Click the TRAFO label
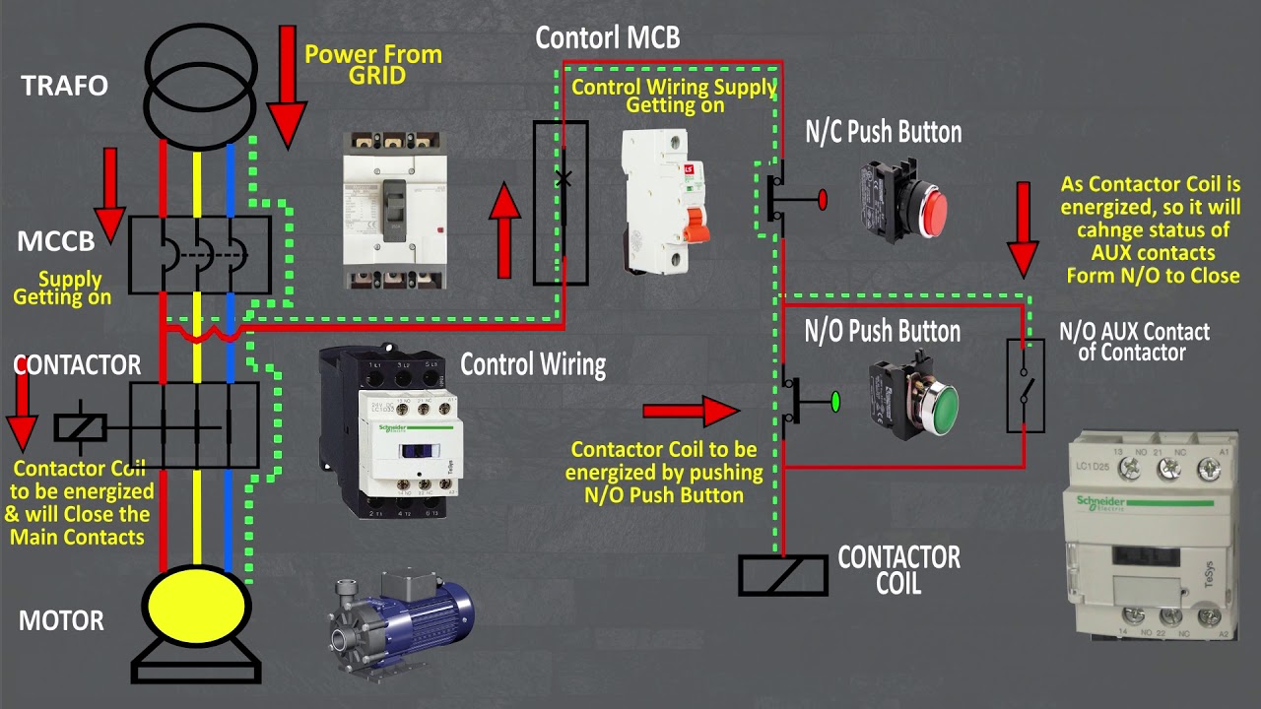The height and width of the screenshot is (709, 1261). (x=64, y=86)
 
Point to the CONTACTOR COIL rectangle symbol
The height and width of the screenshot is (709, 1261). (x=783, y=575)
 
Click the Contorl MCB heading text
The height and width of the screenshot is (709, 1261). (x=607, y=37)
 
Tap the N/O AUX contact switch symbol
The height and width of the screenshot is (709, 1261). (x=1025, y=385)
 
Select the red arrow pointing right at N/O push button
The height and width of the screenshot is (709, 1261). (x=690, y=409)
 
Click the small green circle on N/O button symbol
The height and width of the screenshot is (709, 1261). (x=835, y=402)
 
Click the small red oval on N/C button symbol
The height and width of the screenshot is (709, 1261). (x=823, y=200)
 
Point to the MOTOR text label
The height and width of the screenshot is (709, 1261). (x=61, y=621)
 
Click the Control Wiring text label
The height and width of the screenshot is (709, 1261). (x=533, y=364)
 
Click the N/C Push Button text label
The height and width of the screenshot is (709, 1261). (x=883, y=132)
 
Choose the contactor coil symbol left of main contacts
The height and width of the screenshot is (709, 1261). (x=80, y=426)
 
